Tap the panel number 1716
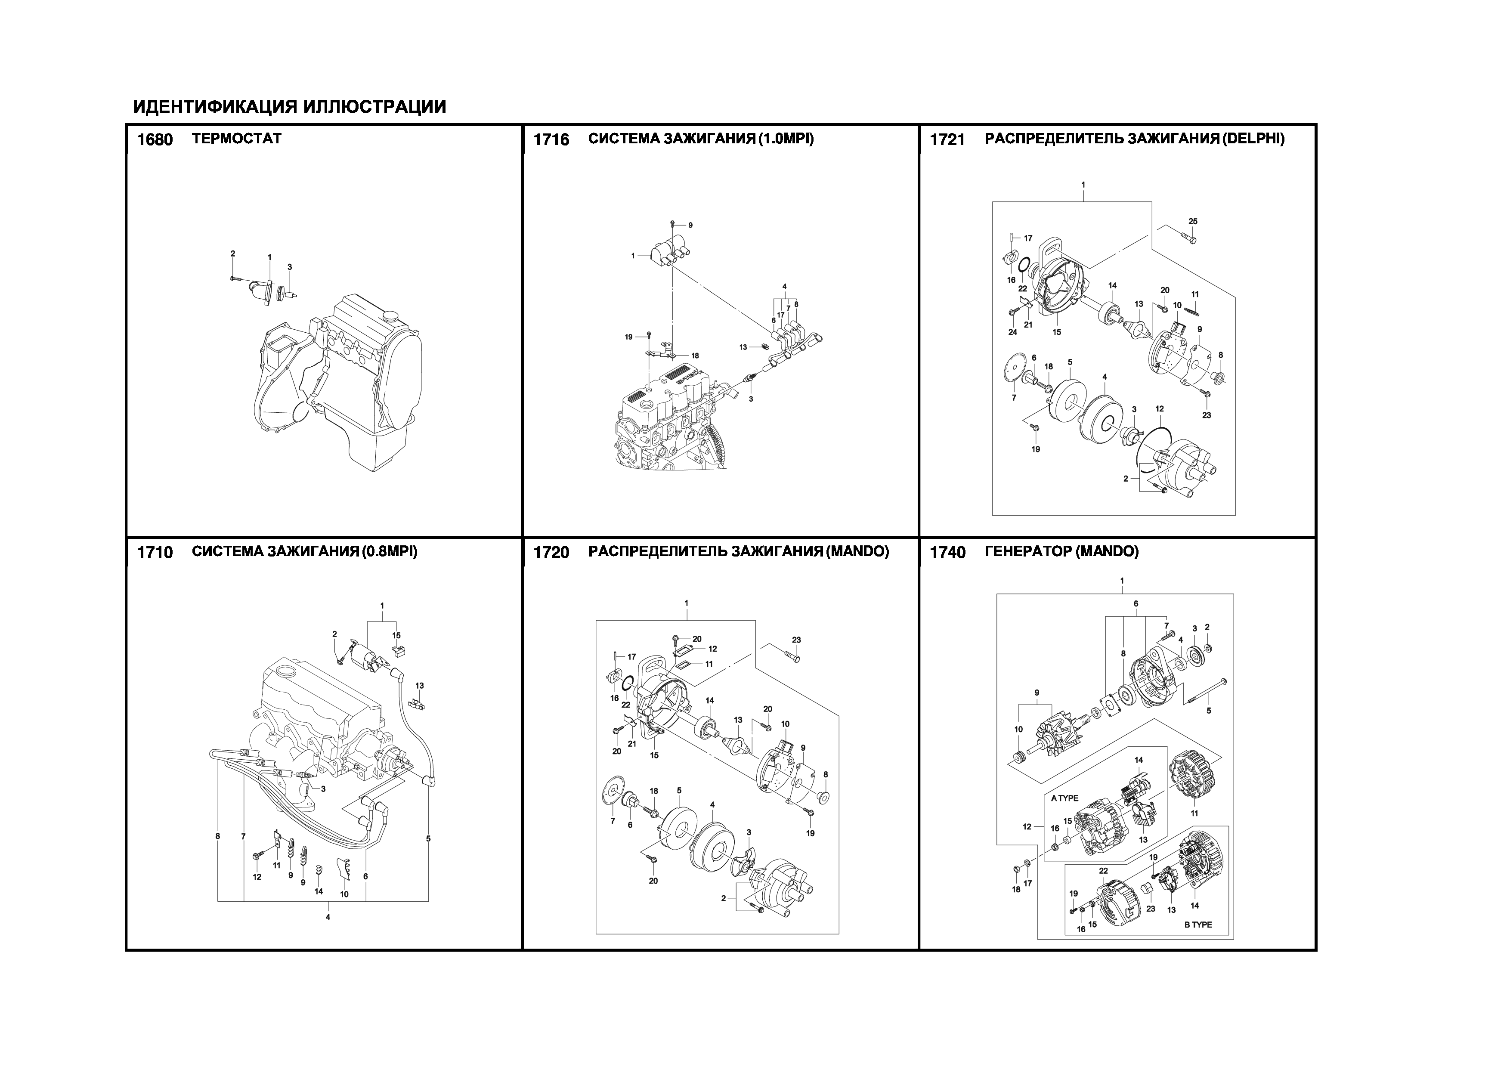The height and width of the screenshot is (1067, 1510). coord(551,139)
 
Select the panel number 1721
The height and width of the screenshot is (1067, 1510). coord(947,139)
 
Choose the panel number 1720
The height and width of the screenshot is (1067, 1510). coord(551,552)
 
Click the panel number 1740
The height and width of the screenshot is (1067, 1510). coord(947,552)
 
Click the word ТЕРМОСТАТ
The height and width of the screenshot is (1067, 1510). coord(237,139)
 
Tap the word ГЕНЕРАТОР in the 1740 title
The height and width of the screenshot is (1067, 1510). coord(1027,552)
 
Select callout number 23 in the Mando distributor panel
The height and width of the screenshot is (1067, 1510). coord(796,640)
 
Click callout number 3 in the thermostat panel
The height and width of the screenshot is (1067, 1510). coord(289,267)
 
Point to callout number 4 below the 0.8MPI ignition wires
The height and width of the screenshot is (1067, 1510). coord(328,917)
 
